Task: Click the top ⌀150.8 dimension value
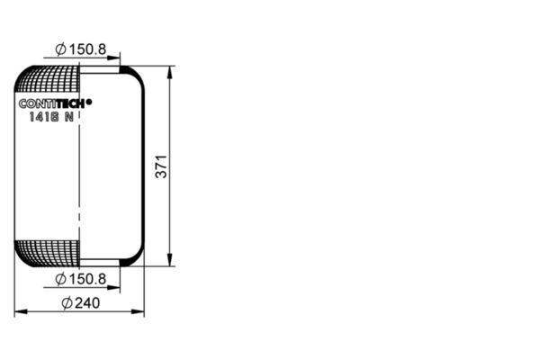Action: pyautogui.click(x=81, y=49)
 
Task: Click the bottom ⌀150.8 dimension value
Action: pyautogui.click(x=81, y=279)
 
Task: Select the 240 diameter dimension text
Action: pyautogui.click(x=81, y=302)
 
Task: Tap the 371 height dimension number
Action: pyautogui.click(x=161, y=166)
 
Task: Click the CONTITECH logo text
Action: pyautogui.click(x=52, y=103)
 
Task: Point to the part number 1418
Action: pyautogui.click(x=44, y=117)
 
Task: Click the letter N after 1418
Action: pyautogui.click(x=69, y=117)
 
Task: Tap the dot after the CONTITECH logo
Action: pyautogui.click(x=89, y=102)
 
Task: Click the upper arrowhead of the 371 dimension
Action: pyautogui.click(x=169, y=72)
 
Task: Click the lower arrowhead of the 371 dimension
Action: pyautogui.click(x=169, y=260)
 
